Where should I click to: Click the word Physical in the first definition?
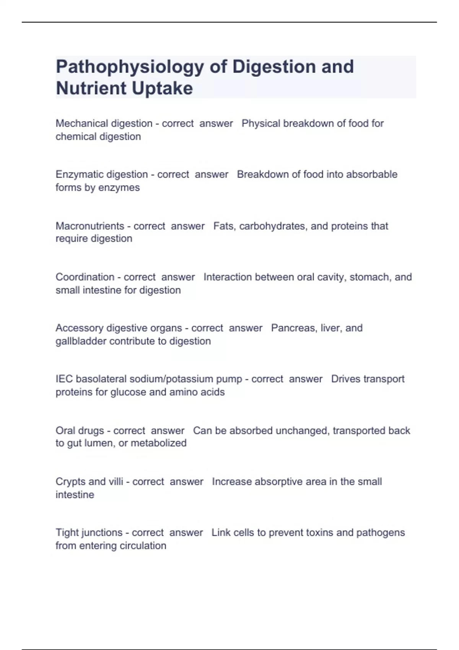(x=261, y=123)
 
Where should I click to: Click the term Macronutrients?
(x=90, y=226)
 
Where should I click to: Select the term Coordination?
(x=85, y=277)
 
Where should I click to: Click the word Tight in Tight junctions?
(x=67, y=533)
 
